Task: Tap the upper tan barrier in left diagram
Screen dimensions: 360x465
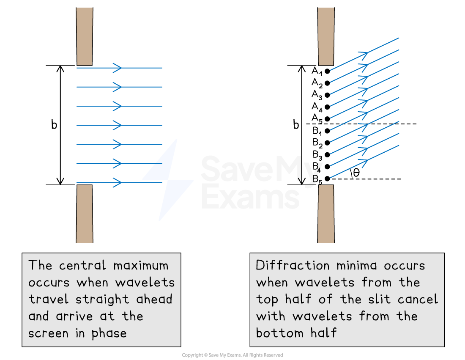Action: (x=85, y=36)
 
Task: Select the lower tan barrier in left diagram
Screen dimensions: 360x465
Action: (x=85, y=214)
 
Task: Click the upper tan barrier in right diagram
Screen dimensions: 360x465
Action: (x=326, y=36)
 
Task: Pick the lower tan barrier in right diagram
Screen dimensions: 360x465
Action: (x=326, y=214)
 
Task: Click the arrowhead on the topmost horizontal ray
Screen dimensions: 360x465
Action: (x=118, y=68)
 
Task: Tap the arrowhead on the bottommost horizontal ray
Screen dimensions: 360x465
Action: (x=118, y=183)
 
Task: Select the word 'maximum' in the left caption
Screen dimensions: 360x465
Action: (x=141, y=266)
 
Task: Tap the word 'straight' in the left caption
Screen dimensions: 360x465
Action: (x=103, y=300)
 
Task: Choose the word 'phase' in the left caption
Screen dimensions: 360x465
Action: (x=109, y=333)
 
